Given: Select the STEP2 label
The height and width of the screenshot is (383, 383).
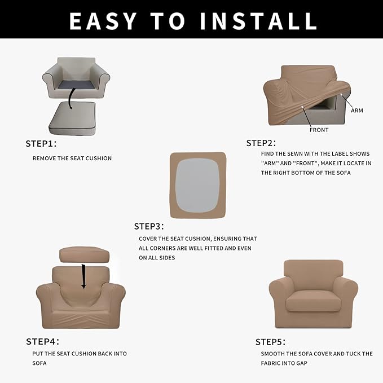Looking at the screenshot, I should (x=260, y=143).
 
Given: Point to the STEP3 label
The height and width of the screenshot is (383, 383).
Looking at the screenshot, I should (x=148, y=226).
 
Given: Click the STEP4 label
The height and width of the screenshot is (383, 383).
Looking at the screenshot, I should (x=42, y=341).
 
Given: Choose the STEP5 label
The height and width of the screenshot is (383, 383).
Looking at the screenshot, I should (x=270, y=342).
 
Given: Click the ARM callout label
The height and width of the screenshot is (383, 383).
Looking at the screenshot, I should (x=356, y=111).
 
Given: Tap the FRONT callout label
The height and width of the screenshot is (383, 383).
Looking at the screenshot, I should (x=319, y=130).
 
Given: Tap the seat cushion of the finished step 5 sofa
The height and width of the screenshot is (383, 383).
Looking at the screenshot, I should (x=312, y=303).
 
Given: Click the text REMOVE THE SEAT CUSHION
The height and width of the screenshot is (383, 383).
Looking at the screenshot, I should (x=72, y=159).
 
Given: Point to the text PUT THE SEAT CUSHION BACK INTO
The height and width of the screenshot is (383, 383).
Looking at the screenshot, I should (x=80, y=354).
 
